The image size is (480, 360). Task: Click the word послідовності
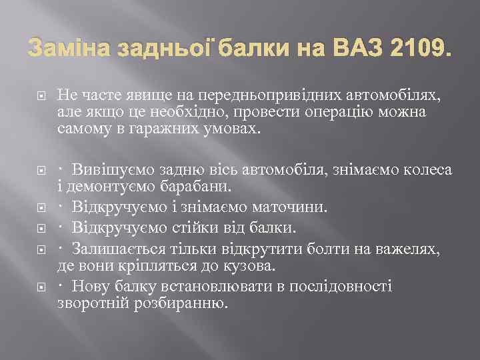coord(339,287)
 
